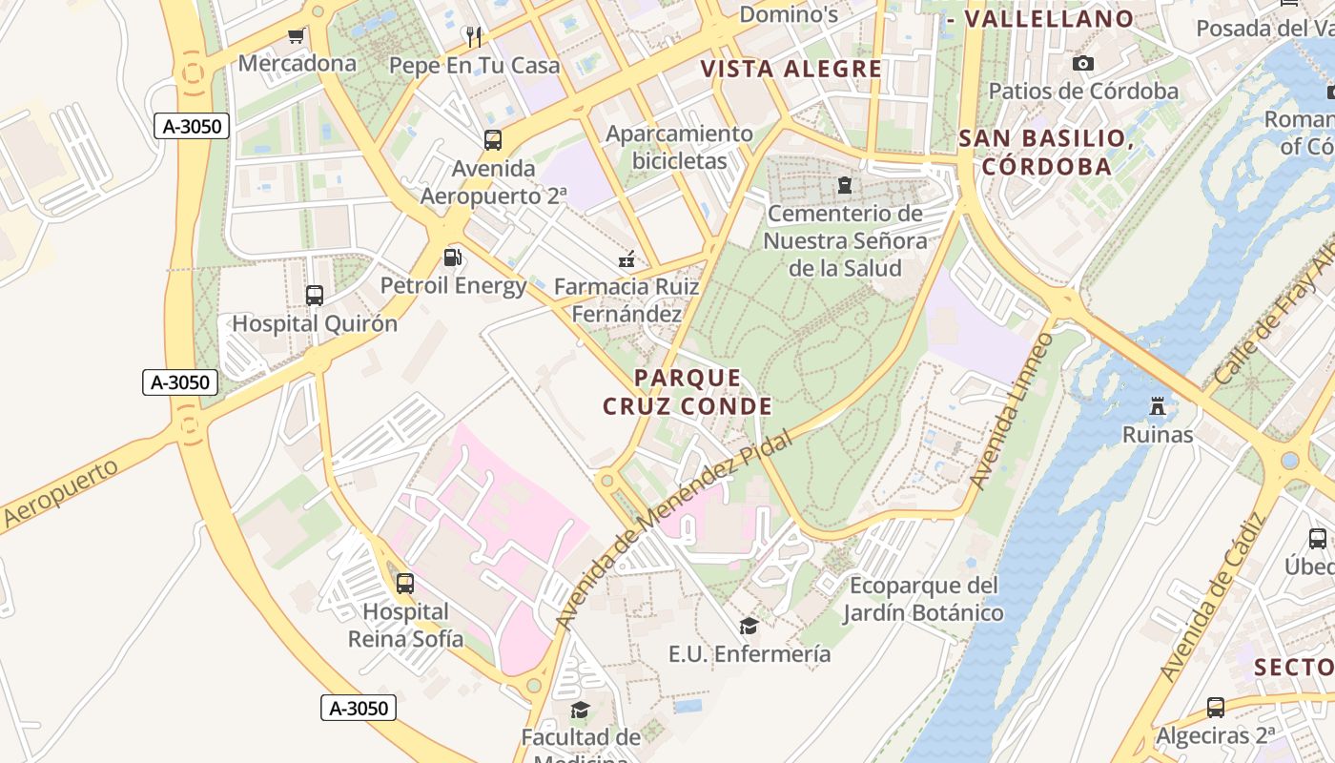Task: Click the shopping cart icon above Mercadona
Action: click(x=296, y=36)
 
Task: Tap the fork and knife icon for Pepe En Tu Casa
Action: click(x=474, y=37)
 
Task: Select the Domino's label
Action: click(x=789, y=14)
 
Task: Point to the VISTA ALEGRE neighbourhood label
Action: click(x=791, y=69)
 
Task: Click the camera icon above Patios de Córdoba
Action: click(x=1083, y=64)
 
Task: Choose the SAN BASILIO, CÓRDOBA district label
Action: click(x=1046, y=153)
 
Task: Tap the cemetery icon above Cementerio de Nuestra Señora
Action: click(x=844, y=184)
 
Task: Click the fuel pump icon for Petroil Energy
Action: click(x=453, y=258)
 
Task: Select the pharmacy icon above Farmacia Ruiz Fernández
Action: click(x=626, y=258)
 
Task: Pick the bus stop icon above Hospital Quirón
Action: click(x=315, y=296)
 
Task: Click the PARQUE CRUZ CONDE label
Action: click(x=687, y=392)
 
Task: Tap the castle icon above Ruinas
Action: click(x=1158, y=406)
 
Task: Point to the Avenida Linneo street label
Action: click(x=1012, y=412)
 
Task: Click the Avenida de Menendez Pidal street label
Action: click(x=673, y=530)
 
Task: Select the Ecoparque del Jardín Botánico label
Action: click(x=923, y=599)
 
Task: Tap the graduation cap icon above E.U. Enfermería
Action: click(x=749, y=626)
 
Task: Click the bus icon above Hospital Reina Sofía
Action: click(x=405, y=583)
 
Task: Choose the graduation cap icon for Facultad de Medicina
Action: click(x=580, y=710)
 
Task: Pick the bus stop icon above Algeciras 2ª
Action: click(x=1215, y=708)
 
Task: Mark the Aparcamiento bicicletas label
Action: click(x=679, y=147)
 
